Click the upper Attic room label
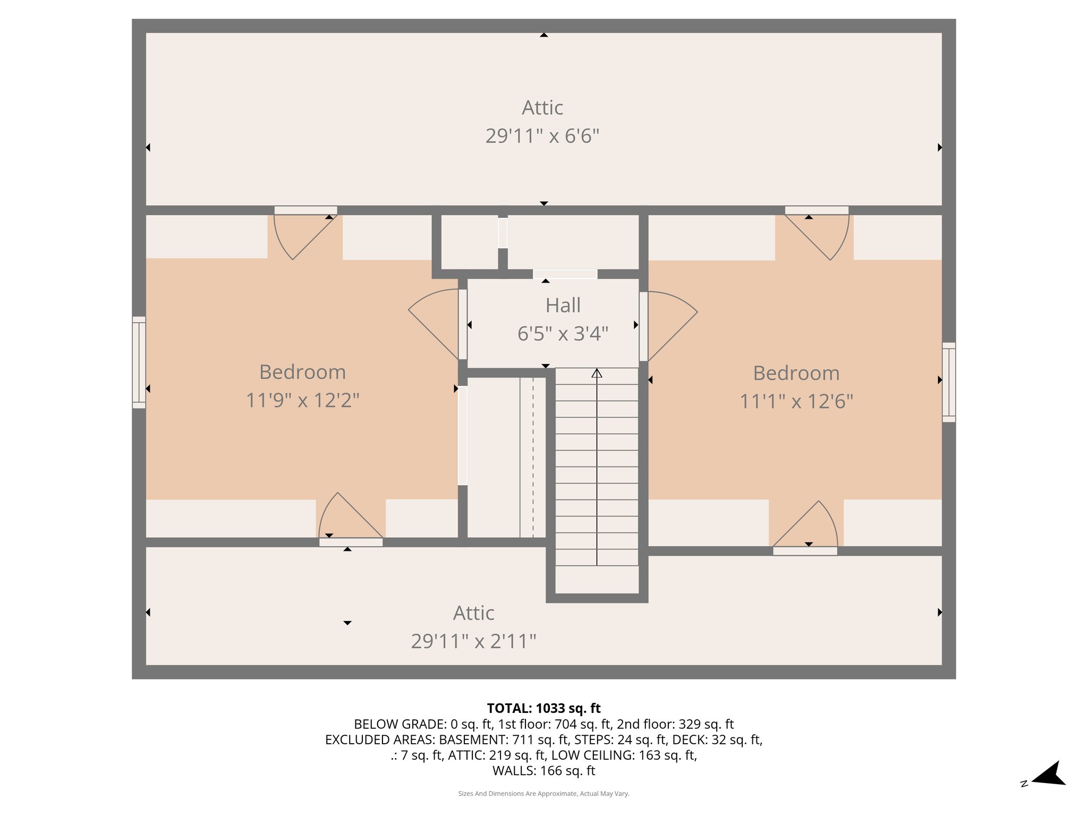click(x=542, y=108)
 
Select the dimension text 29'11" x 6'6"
click(x=542, y=136)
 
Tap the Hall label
click(x=563, y=305)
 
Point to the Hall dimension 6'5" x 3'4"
click(x=563, y=334)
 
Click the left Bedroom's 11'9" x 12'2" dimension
click(x=302, y=400)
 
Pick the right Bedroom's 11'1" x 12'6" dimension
click(x=796, y=401)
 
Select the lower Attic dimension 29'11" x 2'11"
click(x=473, y=641)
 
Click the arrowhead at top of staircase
click(x=597, y=373)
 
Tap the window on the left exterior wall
click(x=139, y=362)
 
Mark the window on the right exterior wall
click(x=949, y=382)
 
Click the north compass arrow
click(x=1049, y=774)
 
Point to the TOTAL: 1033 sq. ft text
click(x=543, y=708)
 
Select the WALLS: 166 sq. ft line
click(x=543, y=770)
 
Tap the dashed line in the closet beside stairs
click(x=533, y=457)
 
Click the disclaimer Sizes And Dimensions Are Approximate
click(x=543, y=794)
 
